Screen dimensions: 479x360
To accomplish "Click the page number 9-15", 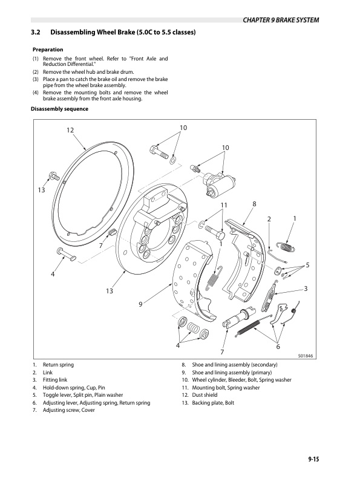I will point(313,460).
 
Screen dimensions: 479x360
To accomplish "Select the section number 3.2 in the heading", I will point(36,31).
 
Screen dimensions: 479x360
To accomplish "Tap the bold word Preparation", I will point(47,48).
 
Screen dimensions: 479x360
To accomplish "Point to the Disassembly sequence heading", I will point(59,109).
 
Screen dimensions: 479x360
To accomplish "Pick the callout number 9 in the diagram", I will point(140,304).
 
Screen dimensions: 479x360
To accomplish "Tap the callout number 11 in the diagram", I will point(223,206).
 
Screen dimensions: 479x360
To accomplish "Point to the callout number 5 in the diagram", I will point(307,265).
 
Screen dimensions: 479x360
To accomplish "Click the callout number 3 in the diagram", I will point(306,289).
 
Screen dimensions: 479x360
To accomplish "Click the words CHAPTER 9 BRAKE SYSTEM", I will point(281,20).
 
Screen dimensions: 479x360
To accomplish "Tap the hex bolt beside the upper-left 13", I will point(51,176).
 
